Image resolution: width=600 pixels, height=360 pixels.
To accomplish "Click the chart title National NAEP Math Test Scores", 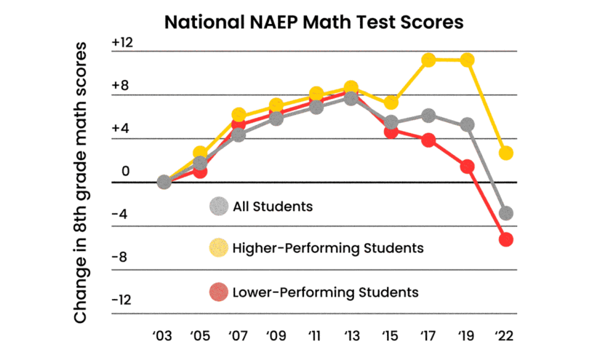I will pos(313,22).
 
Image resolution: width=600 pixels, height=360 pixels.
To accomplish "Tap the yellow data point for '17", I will pos(428,60).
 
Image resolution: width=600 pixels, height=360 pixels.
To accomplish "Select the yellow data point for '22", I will pos(506,153).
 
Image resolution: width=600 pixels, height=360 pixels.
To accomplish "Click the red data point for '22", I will pos(506,239).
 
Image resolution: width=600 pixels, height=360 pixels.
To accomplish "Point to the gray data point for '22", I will pos(506,213).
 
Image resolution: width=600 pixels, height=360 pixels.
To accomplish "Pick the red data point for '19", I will pos(467,167).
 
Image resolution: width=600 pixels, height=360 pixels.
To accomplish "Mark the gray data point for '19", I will pos(467,125).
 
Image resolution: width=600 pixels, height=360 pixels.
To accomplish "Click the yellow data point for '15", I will pos(391,102).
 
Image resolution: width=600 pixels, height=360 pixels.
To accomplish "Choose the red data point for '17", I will pos(428,140).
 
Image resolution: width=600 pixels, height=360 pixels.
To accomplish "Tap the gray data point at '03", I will pos(164,182).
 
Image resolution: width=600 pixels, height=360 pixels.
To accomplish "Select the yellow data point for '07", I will pos(239,114).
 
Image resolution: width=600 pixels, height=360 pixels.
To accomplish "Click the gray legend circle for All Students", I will pos(217,207).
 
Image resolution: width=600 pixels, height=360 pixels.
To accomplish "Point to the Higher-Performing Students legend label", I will pos(328,248).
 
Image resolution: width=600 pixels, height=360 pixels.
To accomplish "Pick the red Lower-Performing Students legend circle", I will pos(217,292).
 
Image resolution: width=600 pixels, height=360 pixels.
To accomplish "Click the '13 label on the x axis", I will pos(352,337).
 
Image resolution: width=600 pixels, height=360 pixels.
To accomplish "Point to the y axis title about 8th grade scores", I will pos(81,183).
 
